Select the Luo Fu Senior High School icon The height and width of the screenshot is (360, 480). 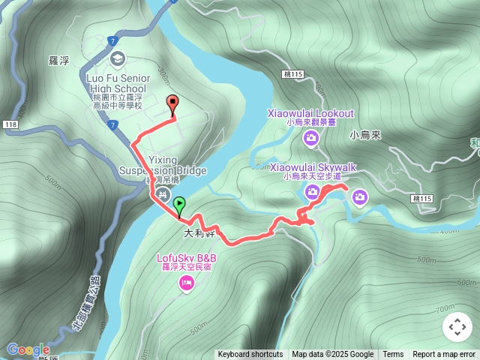pos(117,58)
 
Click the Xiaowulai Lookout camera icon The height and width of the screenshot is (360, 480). pos(310,137)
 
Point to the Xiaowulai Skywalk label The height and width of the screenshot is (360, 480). pos(313,166)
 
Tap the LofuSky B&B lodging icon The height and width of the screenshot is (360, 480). pos(186,283)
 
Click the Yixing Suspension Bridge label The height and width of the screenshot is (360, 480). pos(162,165)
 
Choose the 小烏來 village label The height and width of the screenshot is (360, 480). pos(366,135)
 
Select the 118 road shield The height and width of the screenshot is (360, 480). pos(10,124)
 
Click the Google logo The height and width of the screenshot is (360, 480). pos(28,349)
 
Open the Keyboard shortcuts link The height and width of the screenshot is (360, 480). pos(250,355)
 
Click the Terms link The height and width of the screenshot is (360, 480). pos(393,355)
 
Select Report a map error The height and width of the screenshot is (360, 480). pos(444,355)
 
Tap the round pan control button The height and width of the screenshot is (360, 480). pos(457,328)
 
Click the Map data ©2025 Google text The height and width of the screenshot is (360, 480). pos(333,355)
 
